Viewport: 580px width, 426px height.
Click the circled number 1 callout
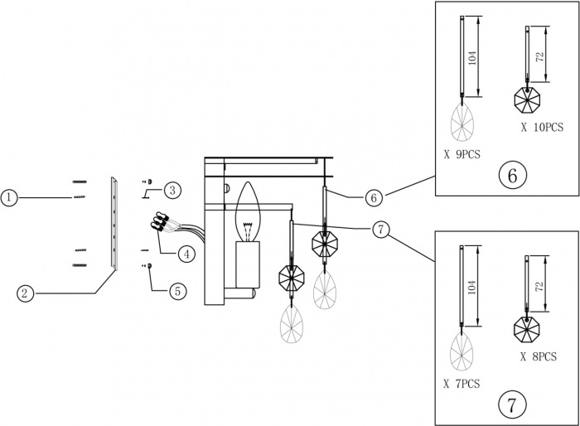tap(9, 197)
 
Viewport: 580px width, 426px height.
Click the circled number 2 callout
tap(26, 292)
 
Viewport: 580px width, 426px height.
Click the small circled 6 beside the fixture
tap(374, 197)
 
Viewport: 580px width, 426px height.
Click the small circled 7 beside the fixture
tap(380, 230)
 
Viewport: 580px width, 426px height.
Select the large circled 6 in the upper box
tap(511, 175)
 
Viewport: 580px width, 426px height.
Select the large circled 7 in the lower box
tap(511, 404)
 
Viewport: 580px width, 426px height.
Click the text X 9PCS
tap(462, 154)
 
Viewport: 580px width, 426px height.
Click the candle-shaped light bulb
tap(249, 212)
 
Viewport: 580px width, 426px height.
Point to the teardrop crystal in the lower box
tap(462, 352)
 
